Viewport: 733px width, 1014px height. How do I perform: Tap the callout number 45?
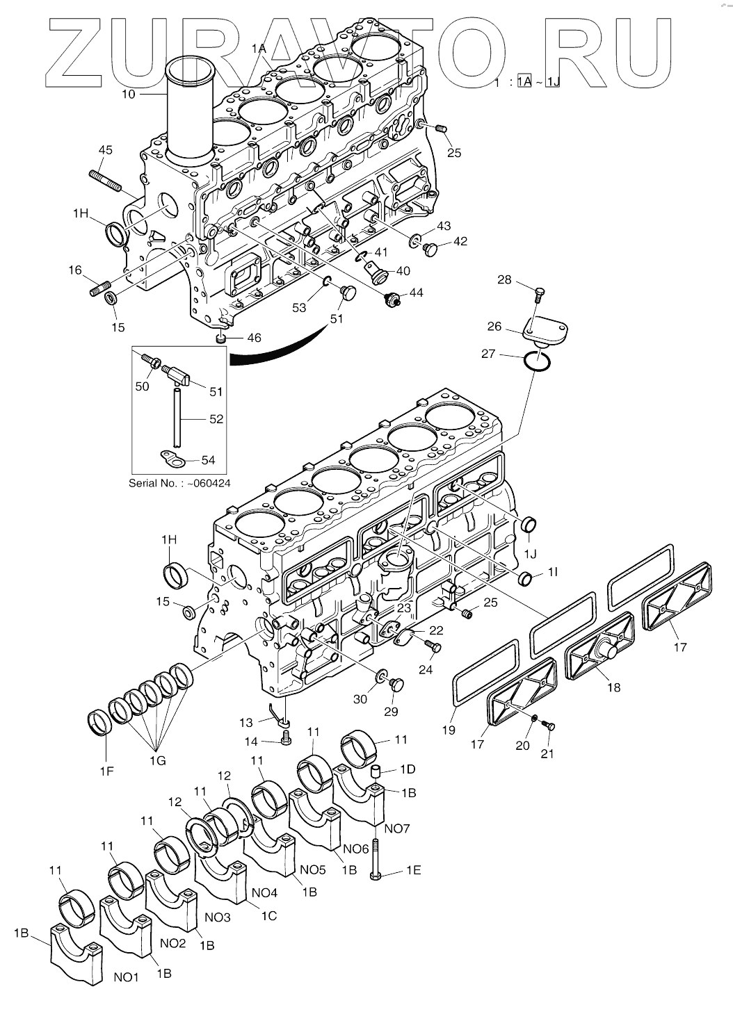point(106,150)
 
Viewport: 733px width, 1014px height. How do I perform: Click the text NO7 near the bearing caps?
point(397,828)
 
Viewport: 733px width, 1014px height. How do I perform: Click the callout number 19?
point(449,730)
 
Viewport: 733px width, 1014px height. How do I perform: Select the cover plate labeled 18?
point(599,654)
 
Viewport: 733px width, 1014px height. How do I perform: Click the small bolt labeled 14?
point(286,740)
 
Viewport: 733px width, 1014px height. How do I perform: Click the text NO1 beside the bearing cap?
point(127,977)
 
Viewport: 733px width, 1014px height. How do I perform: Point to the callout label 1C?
point(268,915)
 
